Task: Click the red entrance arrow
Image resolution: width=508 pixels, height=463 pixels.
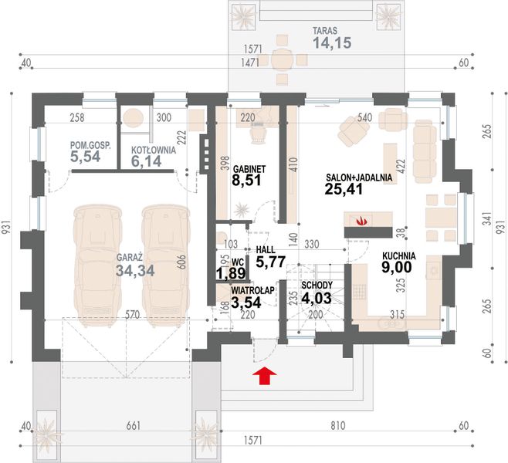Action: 265,376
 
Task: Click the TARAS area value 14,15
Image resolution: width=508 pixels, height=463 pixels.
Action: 332,42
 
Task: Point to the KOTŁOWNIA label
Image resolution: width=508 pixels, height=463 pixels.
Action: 154,150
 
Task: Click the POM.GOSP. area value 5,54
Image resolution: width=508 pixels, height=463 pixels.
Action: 85,157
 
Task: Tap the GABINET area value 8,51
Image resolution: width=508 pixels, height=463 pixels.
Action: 246,181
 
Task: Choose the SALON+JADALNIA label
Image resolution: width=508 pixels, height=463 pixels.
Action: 359,177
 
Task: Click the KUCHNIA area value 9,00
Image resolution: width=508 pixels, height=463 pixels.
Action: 397,268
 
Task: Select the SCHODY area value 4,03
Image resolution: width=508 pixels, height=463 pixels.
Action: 317,298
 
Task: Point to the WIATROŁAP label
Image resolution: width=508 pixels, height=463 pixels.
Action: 252,290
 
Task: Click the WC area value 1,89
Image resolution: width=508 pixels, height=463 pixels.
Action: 231,274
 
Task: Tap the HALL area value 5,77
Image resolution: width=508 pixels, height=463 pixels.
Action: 271,262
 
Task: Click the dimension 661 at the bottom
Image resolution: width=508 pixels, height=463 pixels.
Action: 134,425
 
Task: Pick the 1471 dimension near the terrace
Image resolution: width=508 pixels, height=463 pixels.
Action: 250,63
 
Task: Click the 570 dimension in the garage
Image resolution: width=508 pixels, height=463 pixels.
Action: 132,314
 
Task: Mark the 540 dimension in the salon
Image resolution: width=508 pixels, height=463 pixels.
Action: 364,117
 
